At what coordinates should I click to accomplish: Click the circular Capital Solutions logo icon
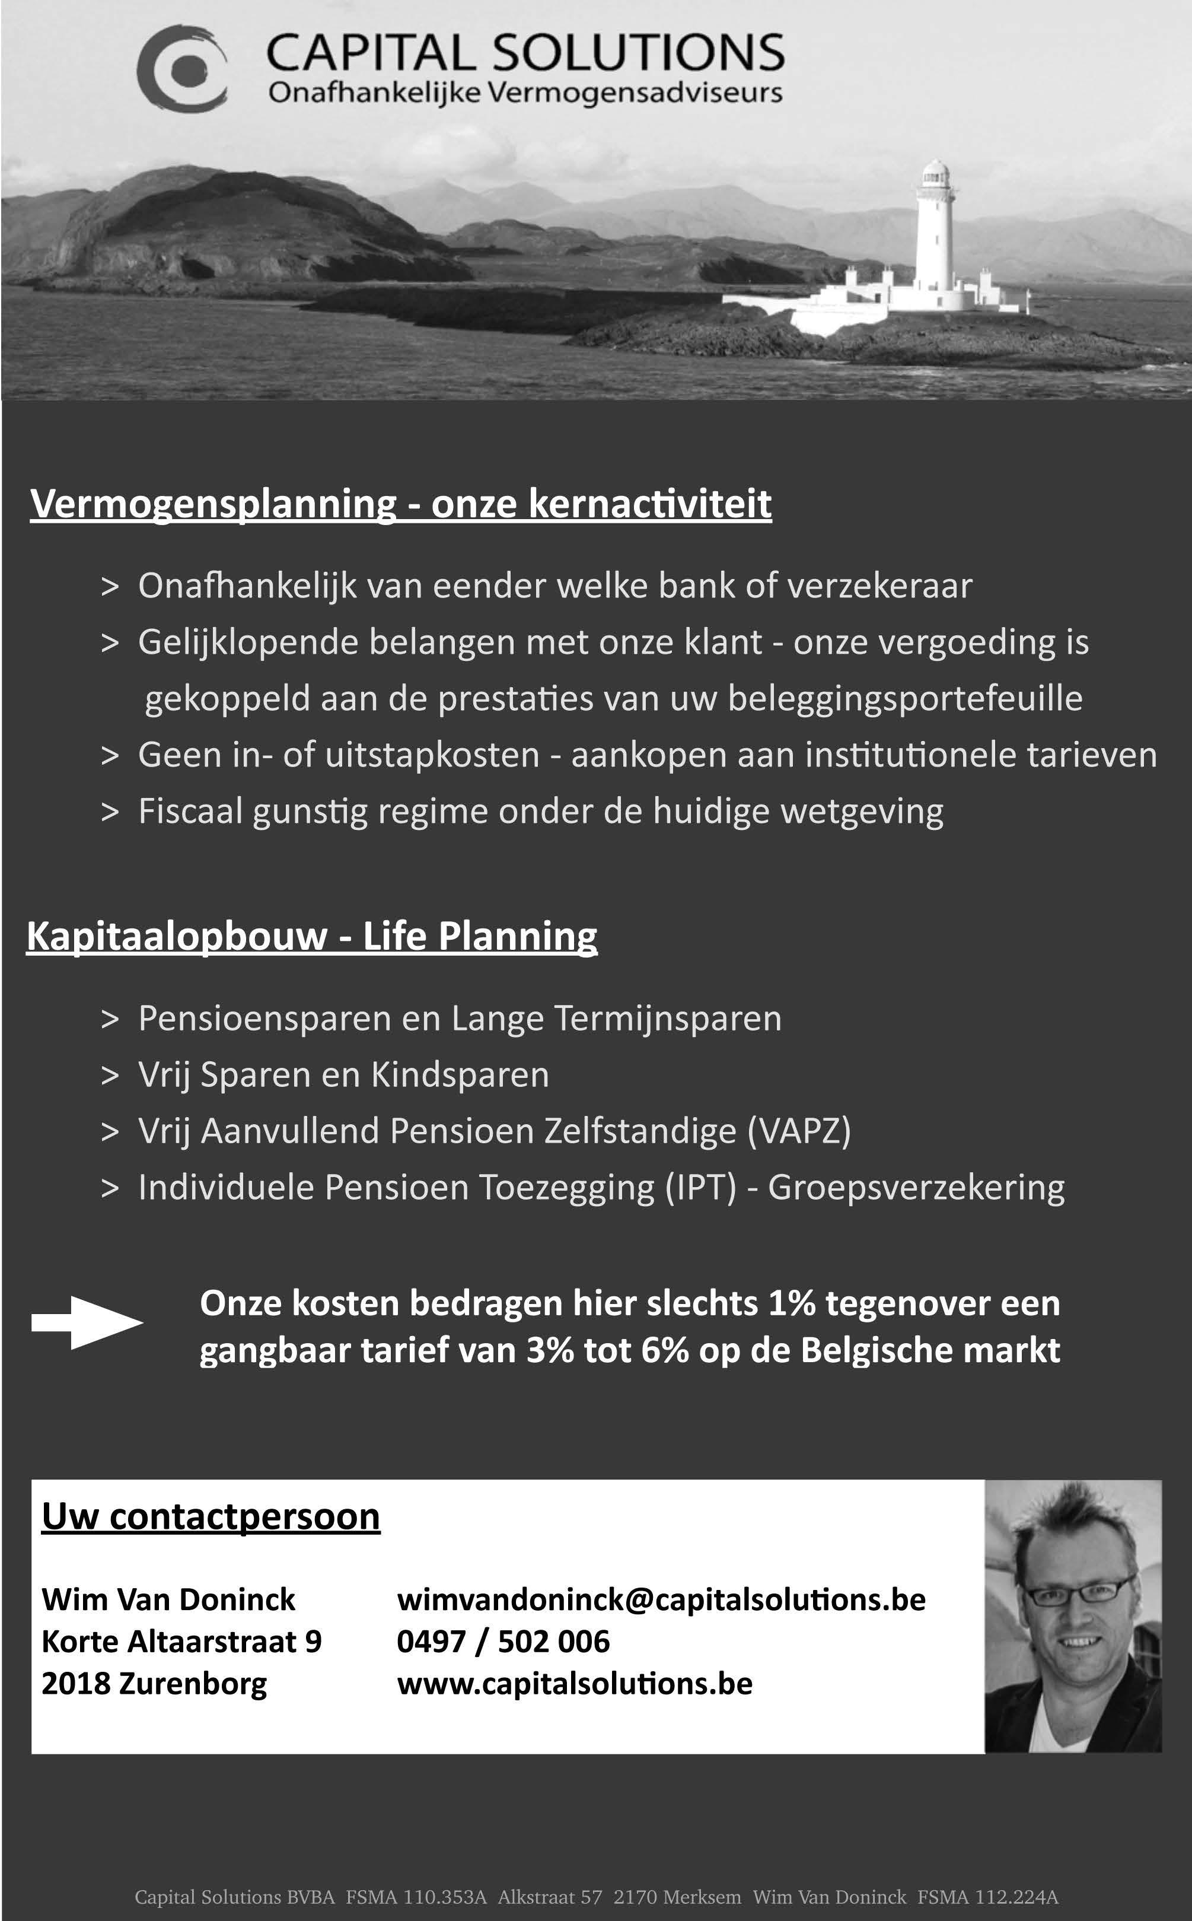[x=182, y=66]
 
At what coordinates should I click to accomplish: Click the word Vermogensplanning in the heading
[x=213, y=503]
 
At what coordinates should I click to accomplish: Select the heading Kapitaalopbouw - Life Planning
[x=311, y=936]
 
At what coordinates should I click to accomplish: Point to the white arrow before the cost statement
[x=87, y=1322]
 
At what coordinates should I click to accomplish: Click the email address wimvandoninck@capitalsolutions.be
[x=661, y=1599]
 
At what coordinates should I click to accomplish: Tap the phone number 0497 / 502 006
[x=503, y=1641]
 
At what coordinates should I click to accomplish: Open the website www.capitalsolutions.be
[x=575, y=1683]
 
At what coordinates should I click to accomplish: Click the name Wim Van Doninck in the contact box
[x=168, y=1599]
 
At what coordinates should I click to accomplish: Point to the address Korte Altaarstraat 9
[x=181, y=1641]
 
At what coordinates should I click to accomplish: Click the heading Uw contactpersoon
[x=211, y=1516]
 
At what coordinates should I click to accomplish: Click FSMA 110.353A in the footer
[x=416, y=1897]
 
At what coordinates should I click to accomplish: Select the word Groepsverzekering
[x=916, y=1187]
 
